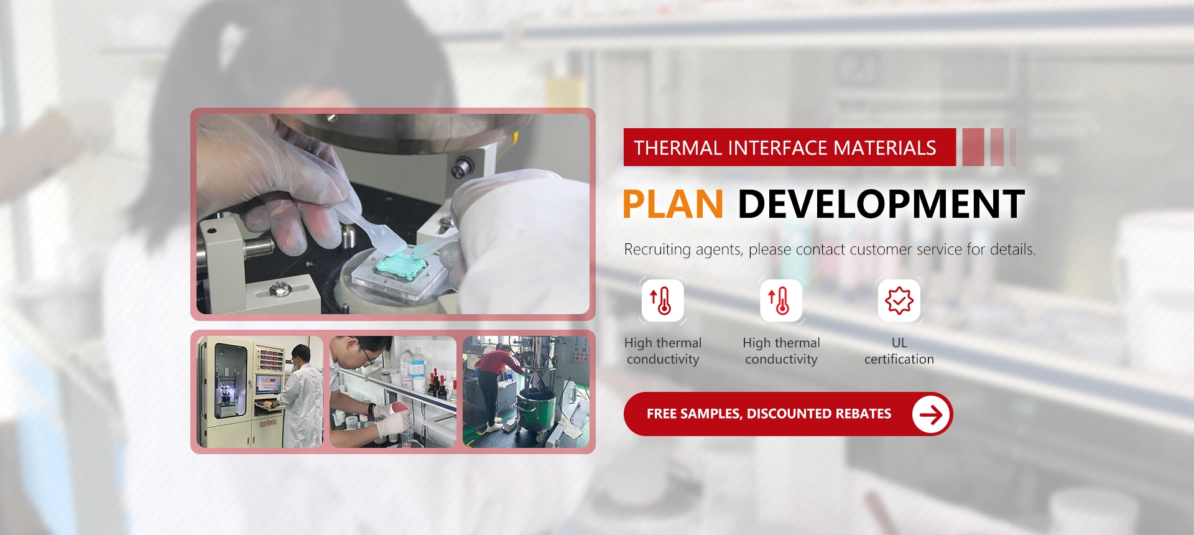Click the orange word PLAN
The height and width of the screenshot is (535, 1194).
673,204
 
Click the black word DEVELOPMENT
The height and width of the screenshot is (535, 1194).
881,204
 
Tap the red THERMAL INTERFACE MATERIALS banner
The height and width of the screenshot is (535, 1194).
790,147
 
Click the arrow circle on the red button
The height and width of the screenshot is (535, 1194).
931,414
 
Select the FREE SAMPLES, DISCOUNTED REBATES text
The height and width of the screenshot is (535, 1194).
769,414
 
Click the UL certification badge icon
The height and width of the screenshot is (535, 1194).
899,300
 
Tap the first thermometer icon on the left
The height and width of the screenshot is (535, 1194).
663,300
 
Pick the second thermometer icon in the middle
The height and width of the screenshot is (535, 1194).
781,300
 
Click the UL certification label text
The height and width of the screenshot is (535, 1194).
899,351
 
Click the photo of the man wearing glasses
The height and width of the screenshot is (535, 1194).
393,392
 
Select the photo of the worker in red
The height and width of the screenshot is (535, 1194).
526,392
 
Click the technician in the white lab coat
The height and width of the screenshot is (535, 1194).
303,398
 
